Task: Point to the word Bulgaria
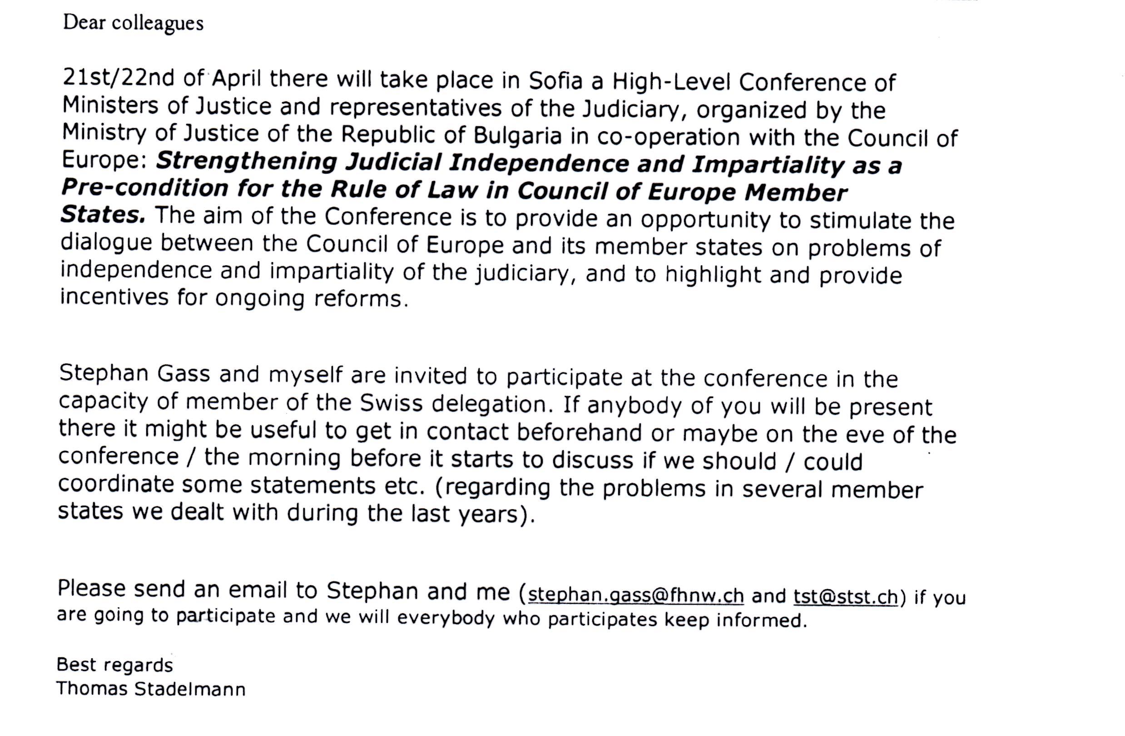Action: coord(518,136)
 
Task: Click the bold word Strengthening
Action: coord(246,161)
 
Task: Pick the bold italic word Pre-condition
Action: coord(144,188)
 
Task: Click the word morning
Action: coord(293,458)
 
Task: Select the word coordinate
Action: coord(116,484)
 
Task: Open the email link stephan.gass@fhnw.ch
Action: coord(636,595)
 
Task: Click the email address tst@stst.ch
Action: coord(845,597)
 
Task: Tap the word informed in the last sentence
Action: coord(761,620)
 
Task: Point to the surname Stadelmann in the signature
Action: coord(189,689)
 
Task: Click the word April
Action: coord(236,79)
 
